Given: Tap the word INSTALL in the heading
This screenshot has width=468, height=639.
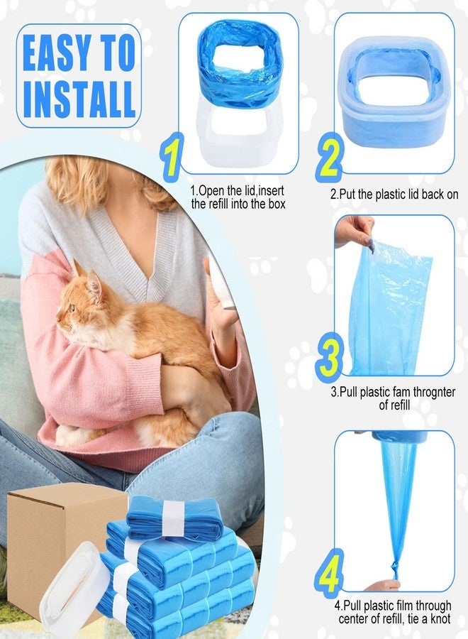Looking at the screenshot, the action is click(x=79, y=99).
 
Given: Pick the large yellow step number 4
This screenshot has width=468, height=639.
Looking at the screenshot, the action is click(x=329, y=573).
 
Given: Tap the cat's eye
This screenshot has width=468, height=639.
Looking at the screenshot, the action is click(x=72, y=307).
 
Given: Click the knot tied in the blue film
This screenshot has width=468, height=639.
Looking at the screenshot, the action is click(x=395, y=569).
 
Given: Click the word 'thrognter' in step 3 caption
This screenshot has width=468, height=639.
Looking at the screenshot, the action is click(x=434, y=392).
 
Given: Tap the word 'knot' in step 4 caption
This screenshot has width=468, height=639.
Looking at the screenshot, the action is click(x=440, y=619).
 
